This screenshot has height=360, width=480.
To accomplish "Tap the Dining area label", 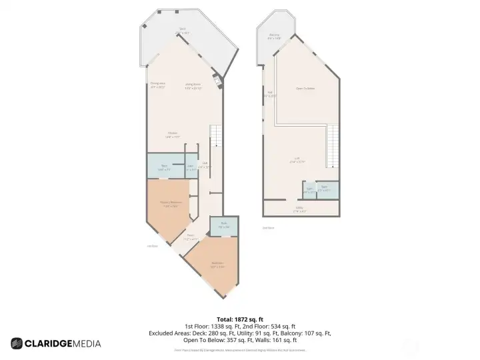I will click(157, 85).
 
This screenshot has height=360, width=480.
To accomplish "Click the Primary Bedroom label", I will click(171, 203).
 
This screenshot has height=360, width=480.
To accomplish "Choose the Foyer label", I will click(191, 237).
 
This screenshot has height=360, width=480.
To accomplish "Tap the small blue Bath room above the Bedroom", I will click(224, 226).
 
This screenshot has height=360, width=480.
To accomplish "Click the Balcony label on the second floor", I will click(274, 36).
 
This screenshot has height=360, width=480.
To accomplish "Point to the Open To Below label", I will click(305, 88).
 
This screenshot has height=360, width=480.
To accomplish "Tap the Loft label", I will click(297, 159).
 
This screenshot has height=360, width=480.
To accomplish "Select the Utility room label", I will click(301, 209).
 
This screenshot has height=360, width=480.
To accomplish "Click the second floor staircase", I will click(331, 148).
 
